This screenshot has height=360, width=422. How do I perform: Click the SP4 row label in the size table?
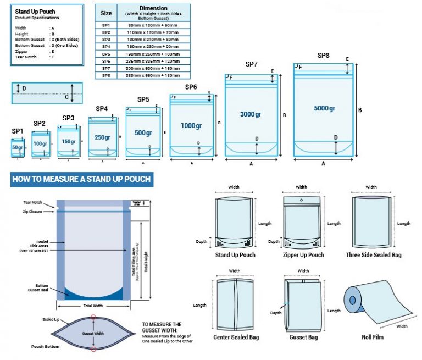(106, 46)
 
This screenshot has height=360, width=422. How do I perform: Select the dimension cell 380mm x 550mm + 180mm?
(153, 75)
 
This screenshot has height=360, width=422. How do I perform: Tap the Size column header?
(106, 13)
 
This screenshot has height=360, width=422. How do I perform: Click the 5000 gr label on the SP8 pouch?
(324, 108)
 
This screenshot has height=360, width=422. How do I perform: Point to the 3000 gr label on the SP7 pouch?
(251, 114)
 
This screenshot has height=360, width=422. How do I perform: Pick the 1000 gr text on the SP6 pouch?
(191, 126)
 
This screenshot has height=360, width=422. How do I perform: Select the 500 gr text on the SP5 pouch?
(143, 133)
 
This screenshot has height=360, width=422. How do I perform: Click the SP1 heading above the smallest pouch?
(18, 131)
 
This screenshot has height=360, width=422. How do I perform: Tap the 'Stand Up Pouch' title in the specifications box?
(35, 12)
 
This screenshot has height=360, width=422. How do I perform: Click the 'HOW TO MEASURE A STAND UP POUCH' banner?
(81, 179)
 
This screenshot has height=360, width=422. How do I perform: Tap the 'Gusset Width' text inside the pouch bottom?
(93, 334)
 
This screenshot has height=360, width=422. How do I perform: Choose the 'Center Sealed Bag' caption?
(236, 337)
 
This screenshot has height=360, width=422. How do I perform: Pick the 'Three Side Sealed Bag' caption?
(374, 255)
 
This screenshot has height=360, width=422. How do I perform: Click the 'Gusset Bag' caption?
(304, 337)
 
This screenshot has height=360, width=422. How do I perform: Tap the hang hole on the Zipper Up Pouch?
(302, 200)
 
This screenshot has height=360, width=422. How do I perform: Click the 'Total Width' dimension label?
(93, 305)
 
